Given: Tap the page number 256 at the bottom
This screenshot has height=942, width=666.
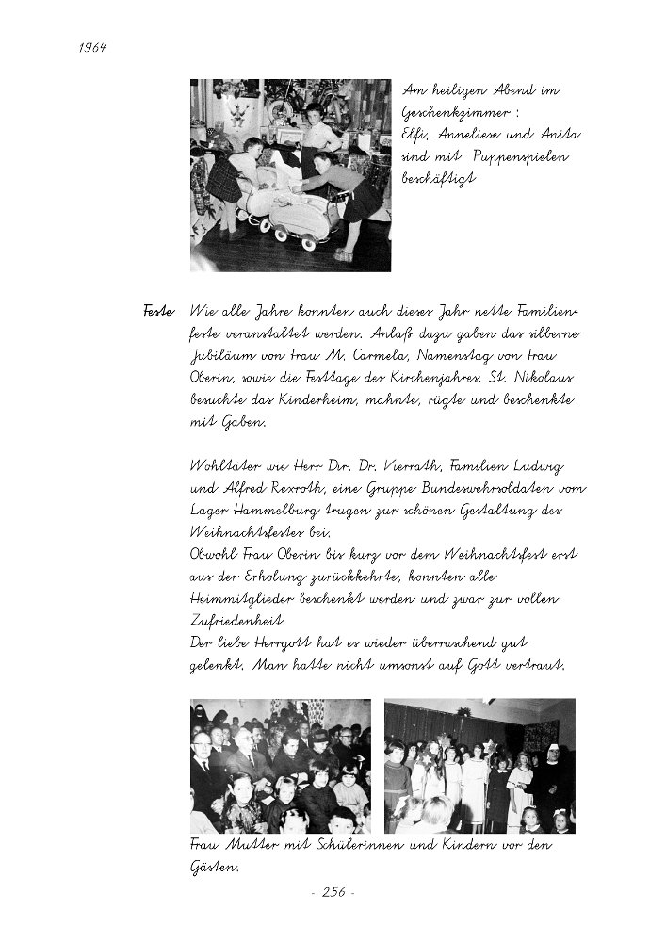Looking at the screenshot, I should click(x=333, y=893).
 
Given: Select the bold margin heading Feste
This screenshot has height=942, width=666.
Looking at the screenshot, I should click(x=157, y=311).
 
